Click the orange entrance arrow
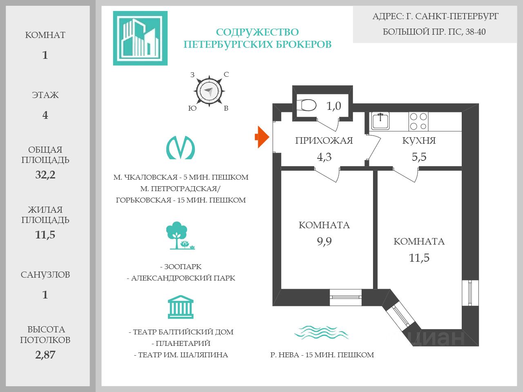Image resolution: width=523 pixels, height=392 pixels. tap(262, 137)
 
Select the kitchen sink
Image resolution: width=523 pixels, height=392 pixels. tap(380, 121)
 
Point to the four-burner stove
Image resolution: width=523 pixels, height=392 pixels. tap(418, 121)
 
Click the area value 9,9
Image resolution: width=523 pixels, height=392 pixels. tap(324, 241)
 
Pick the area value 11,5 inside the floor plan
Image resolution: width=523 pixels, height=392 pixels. tap(419, 258)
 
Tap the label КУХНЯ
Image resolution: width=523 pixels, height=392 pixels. tap(419, 140)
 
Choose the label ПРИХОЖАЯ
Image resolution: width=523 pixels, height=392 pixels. tap(324, 140)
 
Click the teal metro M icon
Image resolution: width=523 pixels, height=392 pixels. tap(181, 147)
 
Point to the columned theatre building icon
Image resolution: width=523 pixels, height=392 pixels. tap(181, 307)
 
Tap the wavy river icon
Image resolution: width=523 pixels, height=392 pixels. tap(322, 332)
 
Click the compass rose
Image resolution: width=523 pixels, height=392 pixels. tap(209, 91)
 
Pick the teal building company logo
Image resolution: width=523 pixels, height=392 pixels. tap(140, 38)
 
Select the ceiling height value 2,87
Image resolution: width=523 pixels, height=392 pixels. tap(45, 354)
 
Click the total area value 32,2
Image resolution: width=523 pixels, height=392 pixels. tap(45, 175)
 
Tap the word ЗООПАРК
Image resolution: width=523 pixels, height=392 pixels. tap(183, 267)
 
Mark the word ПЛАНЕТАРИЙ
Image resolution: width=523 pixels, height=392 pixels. tap(183, 343)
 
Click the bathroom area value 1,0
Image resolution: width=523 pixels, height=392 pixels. tap(333, 106)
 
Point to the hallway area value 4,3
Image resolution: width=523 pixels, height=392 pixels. tap(324, 157)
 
